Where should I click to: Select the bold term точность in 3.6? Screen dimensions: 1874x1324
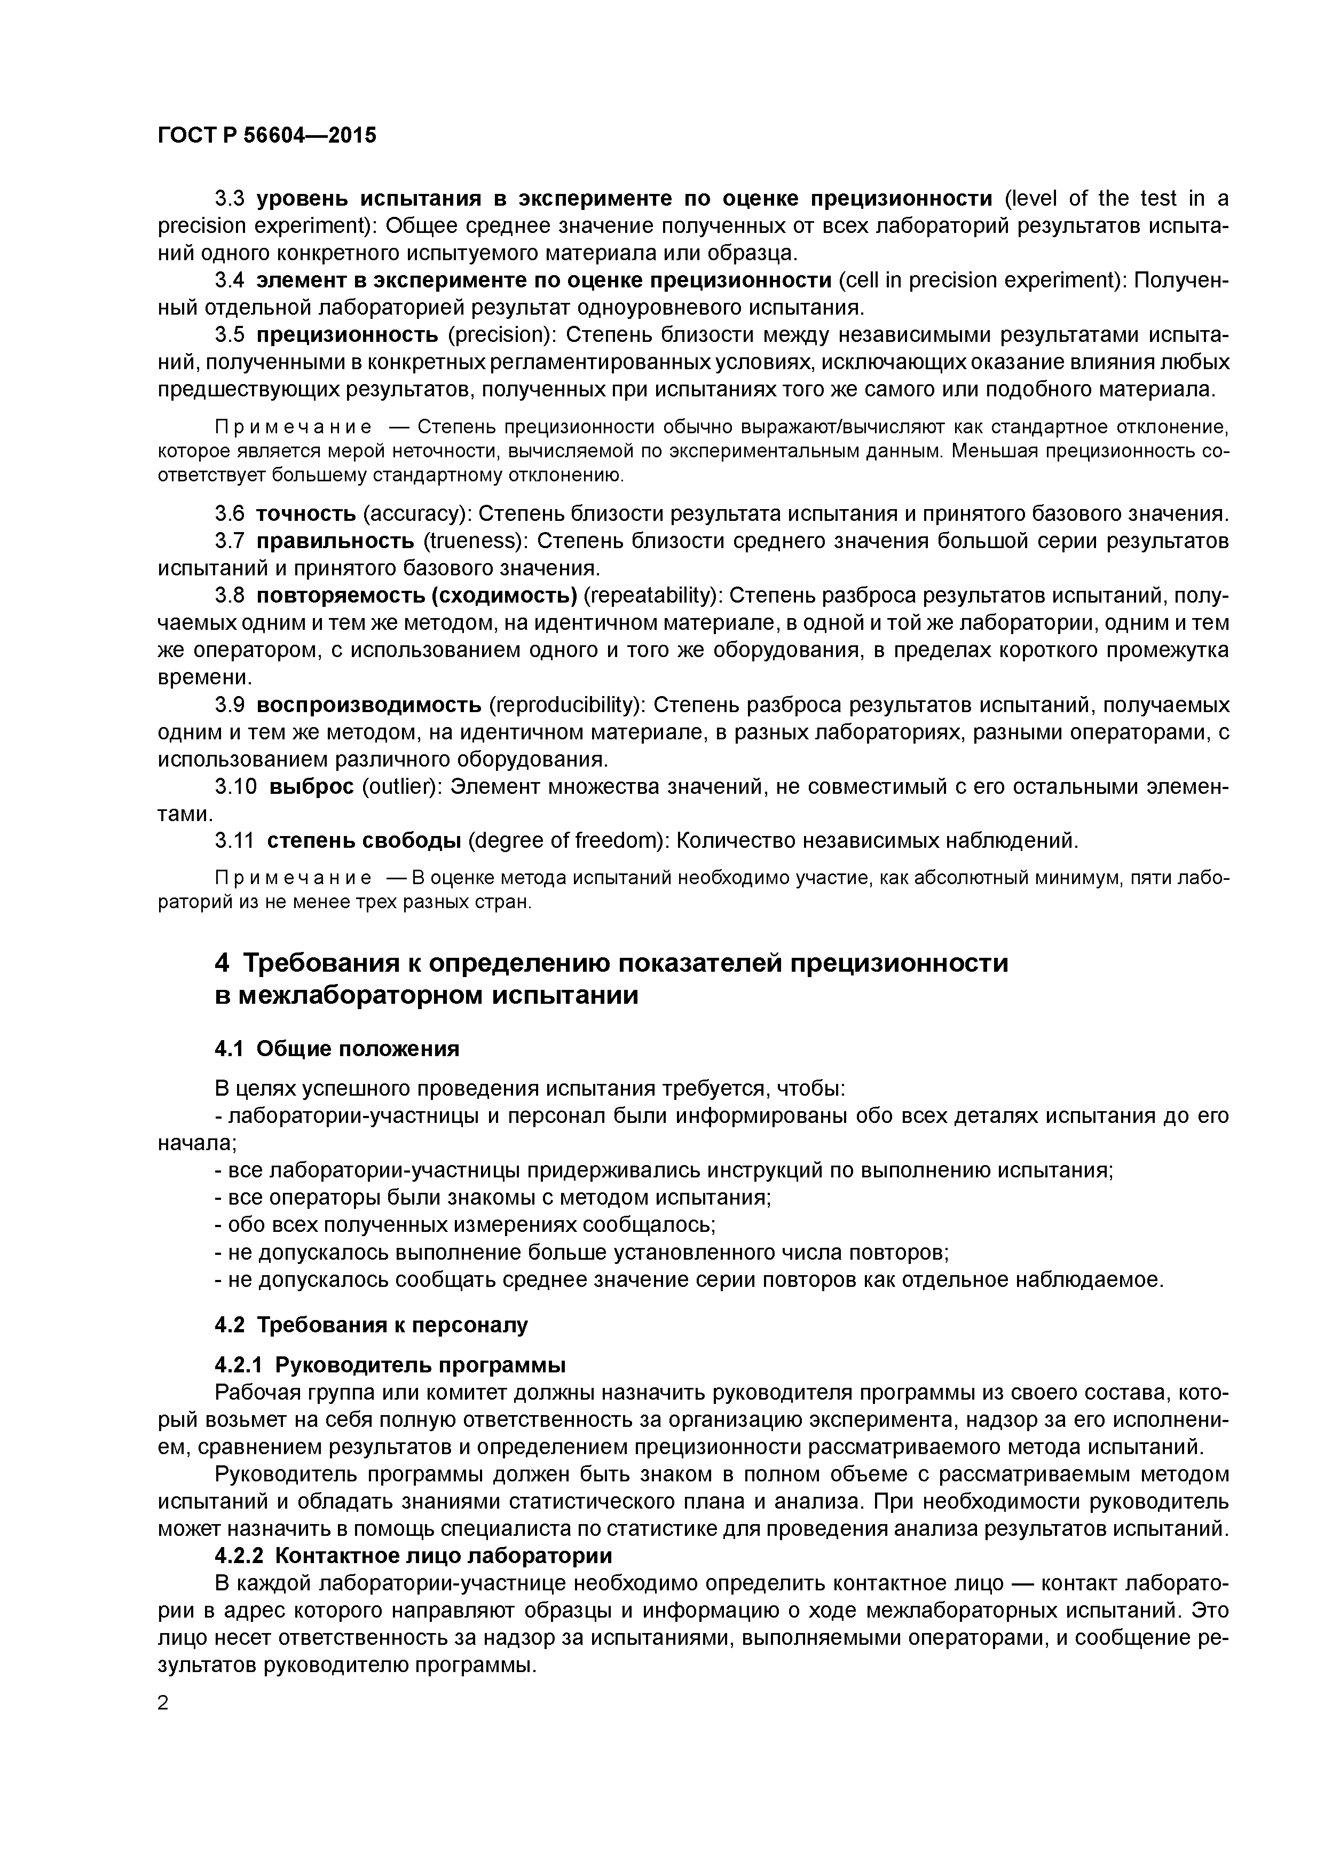306,513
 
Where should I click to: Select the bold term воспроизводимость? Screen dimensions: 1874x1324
369,705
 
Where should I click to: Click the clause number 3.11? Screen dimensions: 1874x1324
236,840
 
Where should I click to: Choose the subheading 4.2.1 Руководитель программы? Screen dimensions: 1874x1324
390,1365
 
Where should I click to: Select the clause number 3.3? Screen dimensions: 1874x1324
229,198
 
